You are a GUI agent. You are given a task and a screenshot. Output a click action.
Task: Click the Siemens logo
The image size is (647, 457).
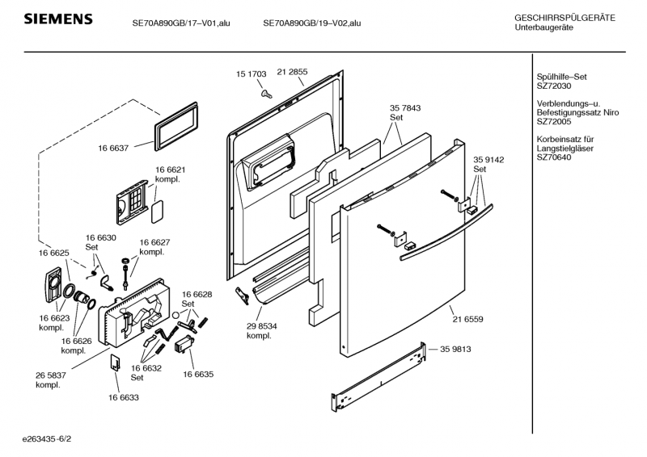(x=57, y=19)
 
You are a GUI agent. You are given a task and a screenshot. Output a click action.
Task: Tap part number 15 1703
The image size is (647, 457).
(x=251, y=73)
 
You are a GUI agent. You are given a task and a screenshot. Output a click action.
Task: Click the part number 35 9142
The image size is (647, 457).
(x=488, y=160)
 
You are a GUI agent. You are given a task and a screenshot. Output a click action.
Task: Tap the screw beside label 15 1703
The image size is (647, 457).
(x=265, y=94)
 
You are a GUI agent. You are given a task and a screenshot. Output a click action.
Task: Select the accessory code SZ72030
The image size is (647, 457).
(x=554, y=86)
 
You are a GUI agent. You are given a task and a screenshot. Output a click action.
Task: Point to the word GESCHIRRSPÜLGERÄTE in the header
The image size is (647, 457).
(x=565, y=17)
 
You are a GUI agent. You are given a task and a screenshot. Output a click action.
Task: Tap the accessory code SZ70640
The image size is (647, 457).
(x=554, y=157)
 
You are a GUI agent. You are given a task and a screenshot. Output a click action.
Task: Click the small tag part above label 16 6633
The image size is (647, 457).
(x=116, y=363)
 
